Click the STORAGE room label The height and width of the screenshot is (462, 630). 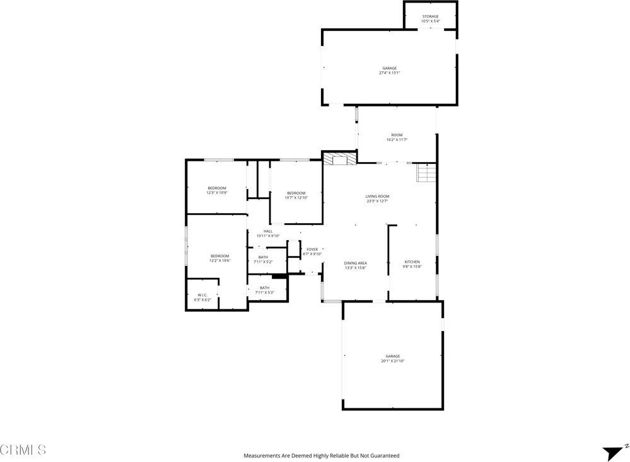430,18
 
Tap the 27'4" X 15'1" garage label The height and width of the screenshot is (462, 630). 389,70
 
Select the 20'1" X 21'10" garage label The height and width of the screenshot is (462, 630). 392,358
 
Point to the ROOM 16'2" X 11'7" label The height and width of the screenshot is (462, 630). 396,137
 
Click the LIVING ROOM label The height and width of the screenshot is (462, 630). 377,199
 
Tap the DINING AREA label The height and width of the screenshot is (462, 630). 355,265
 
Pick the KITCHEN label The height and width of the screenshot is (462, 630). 412,263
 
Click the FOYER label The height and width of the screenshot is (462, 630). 312,251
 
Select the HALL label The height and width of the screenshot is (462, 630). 267,233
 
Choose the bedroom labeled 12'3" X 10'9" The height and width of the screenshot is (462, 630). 217,190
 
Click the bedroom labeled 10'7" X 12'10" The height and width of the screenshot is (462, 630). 296,195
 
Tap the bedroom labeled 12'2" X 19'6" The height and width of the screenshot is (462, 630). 219,257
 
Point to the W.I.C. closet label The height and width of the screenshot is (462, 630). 202,297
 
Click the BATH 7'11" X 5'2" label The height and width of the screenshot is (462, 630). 263,258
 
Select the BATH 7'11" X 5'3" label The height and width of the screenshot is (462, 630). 264,290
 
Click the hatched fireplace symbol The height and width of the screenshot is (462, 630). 339,159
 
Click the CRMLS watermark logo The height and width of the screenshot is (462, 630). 23,449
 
